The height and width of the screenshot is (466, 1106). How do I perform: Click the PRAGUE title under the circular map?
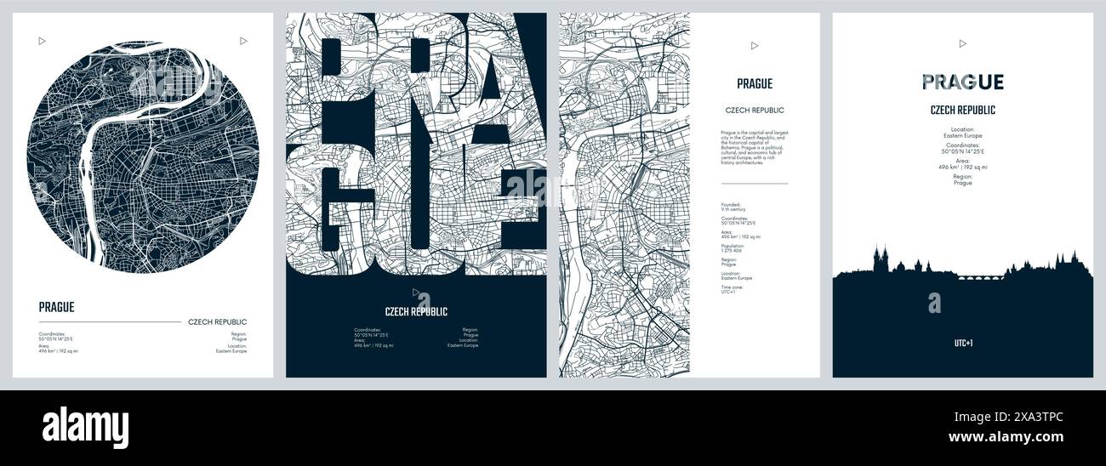click(56, 307)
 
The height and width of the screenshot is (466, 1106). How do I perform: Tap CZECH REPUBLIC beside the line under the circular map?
click(217, 322)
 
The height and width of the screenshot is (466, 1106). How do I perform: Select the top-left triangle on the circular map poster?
click(42, 40)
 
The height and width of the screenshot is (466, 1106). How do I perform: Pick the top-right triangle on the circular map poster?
click(243, 40)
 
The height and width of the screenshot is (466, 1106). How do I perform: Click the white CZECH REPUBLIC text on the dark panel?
click(416, 311)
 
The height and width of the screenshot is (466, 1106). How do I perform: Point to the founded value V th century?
click(733, 208)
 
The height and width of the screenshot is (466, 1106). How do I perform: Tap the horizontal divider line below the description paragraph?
click(754, 183)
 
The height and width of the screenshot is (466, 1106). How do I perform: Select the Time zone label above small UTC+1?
click(731, 287)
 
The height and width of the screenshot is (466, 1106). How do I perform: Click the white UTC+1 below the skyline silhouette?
click(962, 344)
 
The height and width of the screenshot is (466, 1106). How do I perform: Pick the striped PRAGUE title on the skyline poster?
click(962, 82)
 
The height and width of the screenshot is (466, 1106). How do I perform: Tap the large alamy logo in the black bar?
click(85, 428)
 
